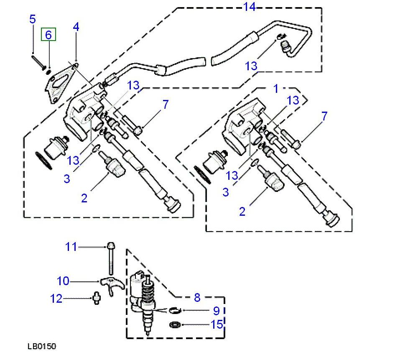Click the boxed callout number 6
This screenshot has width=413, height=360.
pyautogui.click(x=48, y=35)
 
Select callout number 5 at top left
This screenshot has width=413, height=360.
pyautogui.click(x=32, y=19)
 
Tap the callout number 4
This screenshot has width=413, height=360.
pyautogui.click(x=76, y=27)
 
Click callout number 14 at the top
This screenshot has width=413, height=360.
pyautogui.click(x=250, y=6)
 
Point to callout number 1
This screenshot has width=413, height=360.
pyautogui.click(x=275, y=88)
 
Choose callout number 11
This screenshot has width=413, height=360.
pyautogui.click(x=71, y=247)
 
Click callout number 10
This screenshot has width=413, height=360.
pyautogui.click(x=63, y=281)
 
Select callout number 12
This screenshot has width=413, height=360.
pyautogui.click(x=56, y=299)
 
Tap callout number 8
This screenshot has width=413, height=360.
pyautogui.click(x=197, y=298)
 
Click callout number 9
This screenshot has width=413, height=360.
pyautogui.click(x=216, y=311)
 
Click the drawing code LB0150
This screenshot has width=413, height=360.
pyautogui.click(x=42, y=347)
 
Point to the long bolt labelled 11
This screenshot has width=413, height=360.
pyautogui.click(x=110, y=259)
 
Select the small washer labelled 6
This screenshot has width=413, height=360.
pyautogui.click(x=48, y=71)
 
